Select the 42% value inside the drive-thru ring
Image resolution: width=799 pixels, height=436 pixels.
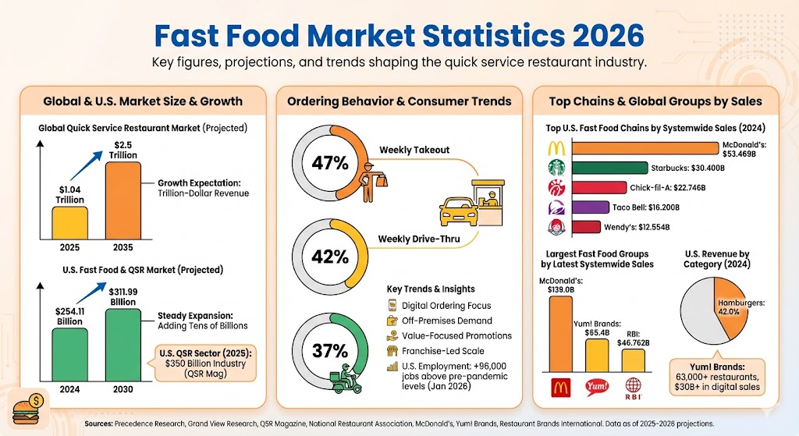[329, 257]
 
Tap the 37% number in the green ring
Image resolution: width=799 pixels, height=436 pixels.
[329, 350]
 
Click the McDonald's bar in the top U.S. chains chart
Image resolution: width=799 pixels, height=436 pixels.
[645, 148]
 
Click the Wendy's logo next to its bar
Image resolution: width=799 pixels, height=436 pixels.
[555, 228]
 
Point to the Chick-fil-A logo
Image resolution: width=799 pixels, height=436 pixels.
[555, 188]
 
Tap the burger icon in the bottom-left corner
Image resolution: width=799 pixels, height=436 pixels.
[30, 408]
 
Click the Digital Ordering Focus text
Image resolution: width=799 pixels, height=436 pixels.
[446, 305]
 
